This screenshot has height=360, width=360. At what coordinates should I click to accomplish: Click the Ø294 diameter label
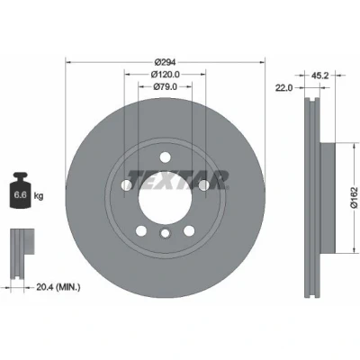click(165, 62)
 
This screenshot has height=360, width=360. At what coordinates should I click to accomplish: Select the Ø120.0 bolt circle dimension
click(165, 74)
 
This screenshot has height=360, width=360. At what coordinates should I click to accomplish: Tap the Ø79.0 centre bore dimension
click(165, 86)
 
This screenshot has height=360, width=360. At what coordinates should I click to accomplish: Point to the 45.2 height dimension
click(319, 76)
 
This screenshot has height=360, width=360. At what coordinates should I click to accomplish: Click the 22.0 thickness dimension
click(283, 87)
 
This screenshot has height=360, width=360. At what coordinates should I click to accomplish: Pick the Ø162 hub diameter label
click(355, 197)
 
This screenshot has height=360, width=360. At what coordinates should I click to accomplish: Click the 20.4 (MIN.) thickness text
click(58, 287)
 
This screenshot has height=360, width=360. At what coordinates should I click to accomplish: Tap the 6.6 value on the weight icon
click(21, 195)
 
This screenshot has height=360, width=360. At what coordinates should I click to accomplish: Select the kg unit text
click(39, 196)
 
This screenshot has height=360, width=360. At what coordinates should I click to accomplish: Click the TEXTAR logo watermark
click(177, 181)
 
